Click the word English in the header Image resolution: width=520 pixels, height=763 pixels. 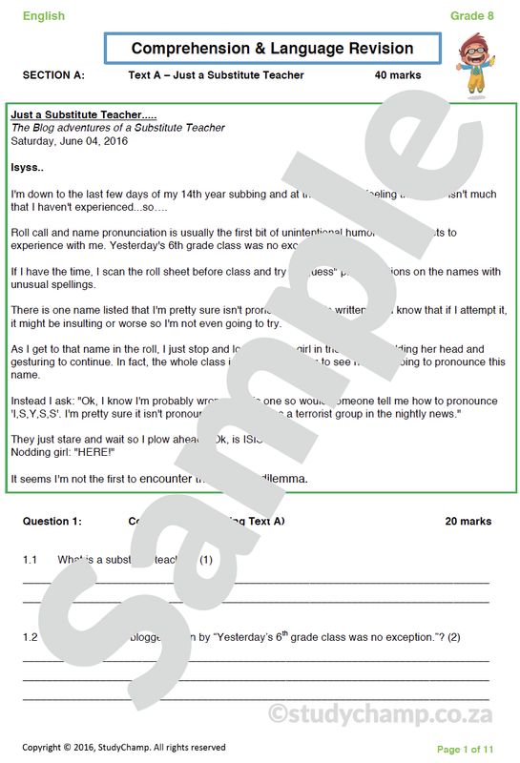pyautogui.click(x=44, y=15)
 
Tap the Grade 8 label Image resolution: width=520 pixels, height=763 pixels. pyautogui.click(x=472, y=15)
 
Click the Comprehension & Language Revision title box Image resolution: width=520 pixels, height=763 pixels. pyautogui.click(x=272, y=49)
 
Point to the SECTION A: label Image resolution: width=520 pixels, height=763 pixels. pyautogui.click(x=53, y=75)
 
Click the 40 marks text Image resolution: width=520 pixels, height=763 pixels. pyautogui.click(x=398, y=75)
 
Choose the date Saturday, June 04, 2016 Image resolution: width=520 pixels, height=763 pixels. pyautogui.click(x=69, y=140)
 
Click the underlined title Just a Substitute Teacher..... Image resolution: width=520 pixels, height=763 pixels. pyautogui.click(x=83, y=114)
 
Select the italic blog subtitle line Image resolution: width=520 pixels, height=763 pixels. pyautogui.click(x=117, y=128)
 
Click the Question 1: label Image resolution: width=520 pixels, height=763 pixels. pyautogui.click(x=52, y=522)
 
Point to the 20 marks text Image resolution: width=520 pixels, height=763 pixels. pyautogui.click(x=468, y=522)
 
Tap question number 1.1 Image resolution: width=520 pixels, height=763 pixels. pyautogui.click(x=30, y=559)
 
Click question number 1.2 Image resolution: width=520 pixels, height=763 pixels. pyautogui.click(x=30, y=636)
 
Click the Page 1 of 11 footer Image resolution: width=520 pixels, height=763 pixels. pyautogui.click(x=466, y=749)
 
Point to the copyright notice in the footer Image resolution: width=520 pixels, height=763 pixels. pyautogui.click(x=124, y=747)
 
